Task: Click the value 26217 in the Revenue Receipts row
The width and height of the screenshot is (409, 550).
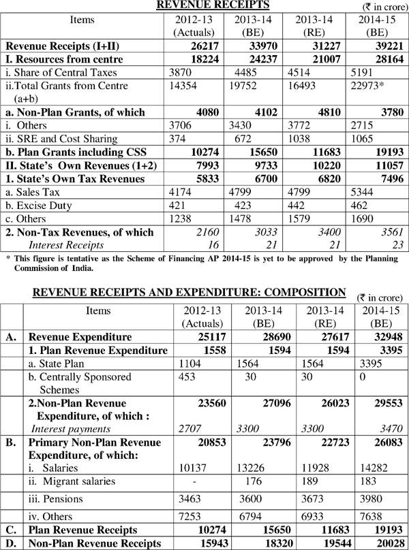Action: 194,47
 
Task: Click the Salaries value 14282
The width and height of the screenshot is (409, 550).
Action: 373,469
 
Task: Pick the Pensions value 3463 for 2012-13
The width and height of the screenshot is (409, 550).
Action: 189,500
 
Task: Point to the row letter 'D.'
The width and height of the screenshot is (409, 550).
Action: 10,543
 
